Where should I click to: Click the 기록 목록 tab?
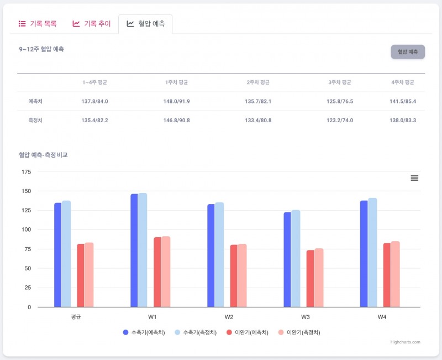coord(38,24)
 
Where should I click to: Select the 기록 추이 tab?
coord(92,24)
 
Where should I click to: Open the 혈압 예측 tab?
coord(145,24)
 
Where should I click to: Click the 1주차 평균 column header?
coord(177,82)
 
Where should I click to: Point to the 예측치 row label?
coord(36,101)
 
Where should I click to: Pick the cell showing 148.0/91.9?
coord(177,101)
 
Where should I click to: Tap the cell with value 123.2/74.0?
coord(340,120)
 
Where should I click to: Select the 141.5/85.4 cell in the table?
coord(403,101)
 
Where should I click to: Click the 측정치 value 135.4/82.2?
coord(94,120)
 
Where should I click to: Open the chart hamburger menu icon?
coord(414,178)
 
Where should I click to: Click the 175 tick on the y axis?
coord(26,172)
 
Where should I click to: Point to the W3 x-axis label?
coord(306,317)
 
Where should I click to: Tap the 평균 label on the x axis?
coord(76,317)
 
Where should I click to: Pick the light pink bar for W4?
coord(395,274)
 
